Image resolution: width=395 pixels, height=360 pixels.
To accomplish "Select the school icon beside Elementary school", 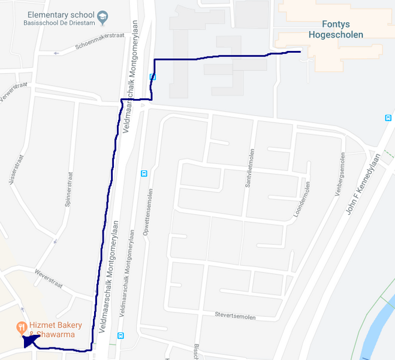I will pyautogui.click(x=102, y=15).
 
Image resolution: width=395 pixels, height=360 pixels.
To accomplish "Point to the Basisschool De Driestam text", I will pyautogui.click(x=59, y=23).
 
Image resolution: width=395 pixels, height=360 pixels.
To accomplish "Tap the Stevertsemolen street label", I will pyautogui.click(x=236, y=316).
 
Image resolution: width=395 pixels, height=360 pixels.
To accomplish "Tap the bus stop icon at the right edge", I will pyautogui.click(x=388, y=118).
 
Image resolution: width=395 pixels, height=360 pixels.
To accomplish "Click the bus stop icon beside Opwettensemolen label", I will pyautogui.click(x=144, y=173).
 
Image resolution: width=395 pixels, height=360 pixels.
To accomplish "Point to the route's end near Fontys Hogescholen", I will pyautogui.click(x=299, y=52).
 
